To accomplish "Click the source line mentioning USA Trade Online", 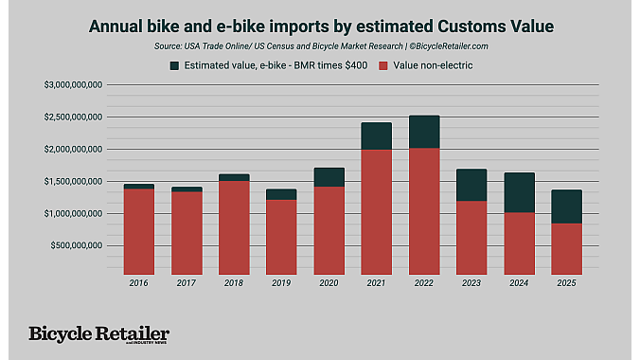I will (319, 45).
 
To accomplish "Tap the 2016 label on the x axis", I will (138, 283).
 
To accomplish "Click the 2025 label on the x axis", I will (567, 283).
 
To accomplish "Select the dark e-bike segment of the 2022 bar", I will (423, 132).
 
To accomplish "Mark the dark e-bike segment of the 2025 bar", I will (567, 207).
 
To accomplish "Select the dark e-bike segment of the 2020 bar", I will (329, 177).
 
